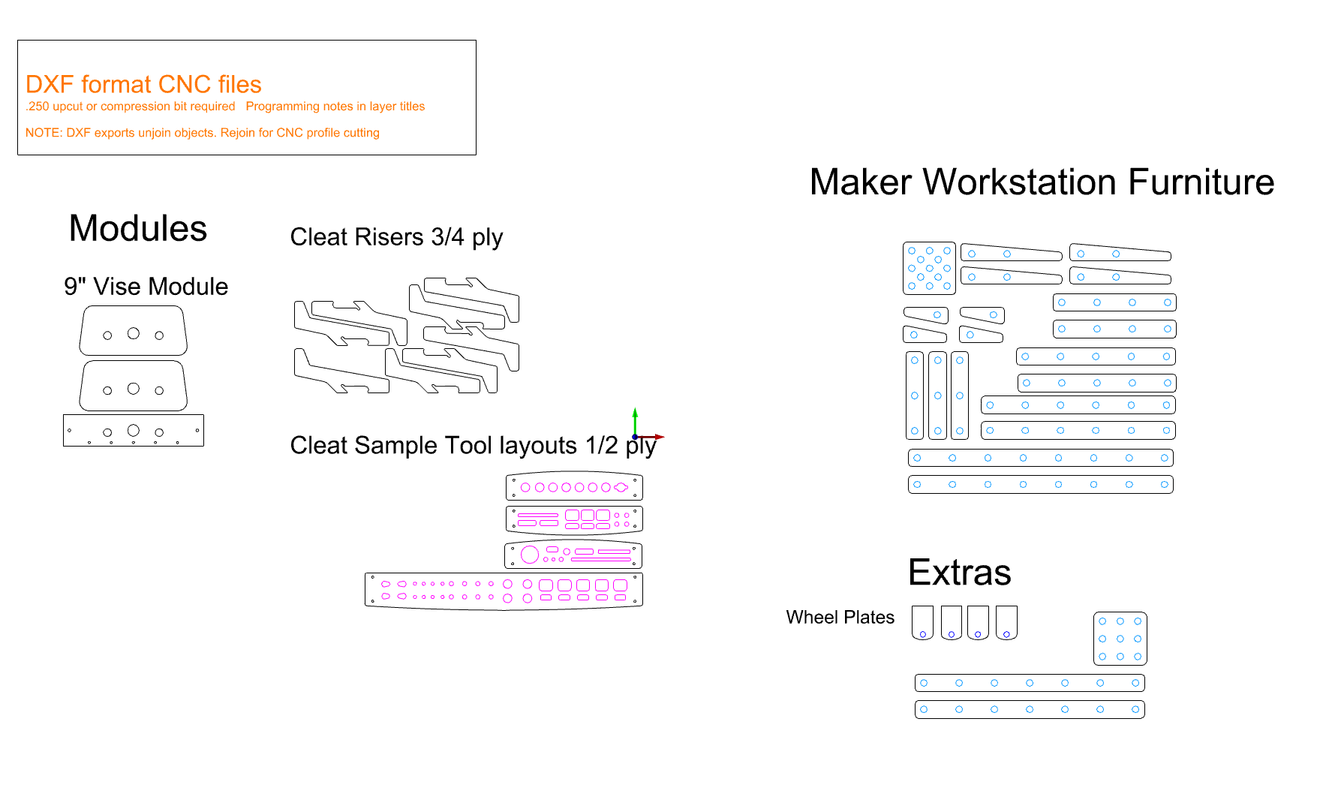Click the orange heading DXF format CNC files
click(143, 84)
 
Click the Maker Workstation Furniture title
click(1042, 182)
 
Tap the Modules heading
click(138, 228)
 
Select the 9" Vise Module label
click(146, 287)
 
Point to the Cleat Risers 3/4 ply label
click(396, 237)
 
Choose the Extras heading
click(959, 573)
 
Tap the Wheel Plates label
click(840, 617)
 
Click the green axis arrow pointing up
click(635, 417)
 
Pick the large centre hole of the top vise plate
click(134, 333)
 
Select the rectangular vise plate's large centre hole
click(134, 430)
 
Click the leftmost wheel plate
click(922, 622)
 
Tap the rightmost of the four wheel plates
click(1006, 622)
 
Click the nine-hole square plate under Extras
click(1120, 639)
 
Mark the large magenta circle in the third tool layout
click(530, 555)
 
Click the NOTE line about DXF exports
click(203, 133)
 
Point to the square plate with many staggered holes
click(929, 268)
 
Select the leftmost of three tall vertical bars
click(914, 395)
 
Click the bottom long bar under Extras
click(1029, 709)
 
